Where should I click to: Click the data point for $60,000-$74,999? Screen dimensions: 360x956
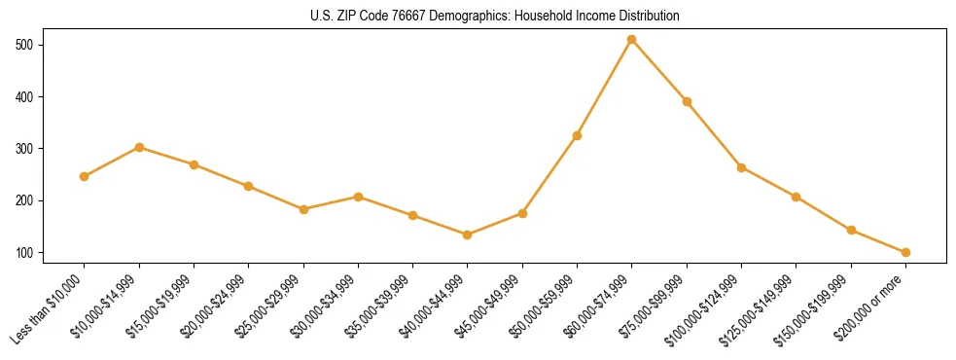tap(632, 40)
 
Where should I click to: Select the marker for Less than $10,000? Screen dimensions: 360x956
tap(85, 176)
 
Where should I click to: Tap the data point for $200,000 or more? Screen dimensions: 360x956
tap(905, 252)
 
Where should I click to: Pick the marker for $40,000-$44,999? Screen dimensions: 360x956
tap(468, 234)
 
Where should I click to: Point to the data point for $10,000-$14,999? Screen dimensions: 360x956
tap(139, 147)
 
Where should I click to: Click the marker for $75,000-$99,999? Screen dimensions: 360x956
tap(687, 101)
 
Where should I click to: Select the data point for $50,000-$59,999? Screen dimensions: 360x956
tap(577, 135)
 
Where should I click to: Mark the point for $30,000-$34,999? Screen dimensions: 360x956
tap(358, 197)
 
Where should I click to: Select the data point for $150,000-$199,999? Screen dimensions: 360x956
tap(851, 231)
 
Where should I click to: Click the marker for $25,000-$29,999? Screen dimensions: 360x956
tap(303, 209)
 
